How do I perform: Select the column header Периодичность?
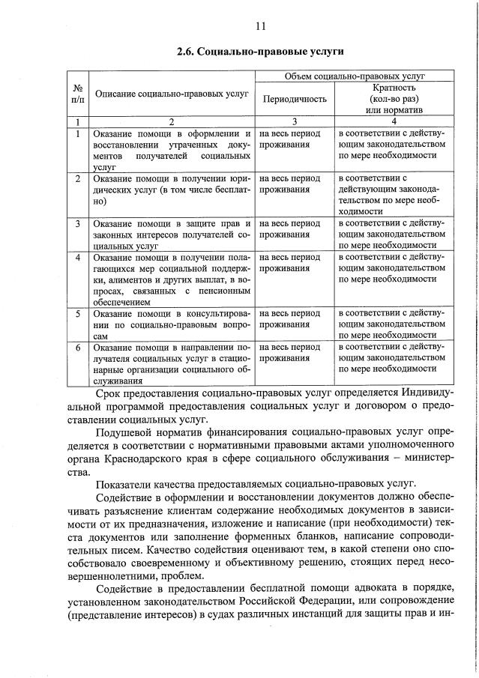pos(294,99)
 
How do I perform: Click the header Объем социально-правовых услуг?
pos(356,77)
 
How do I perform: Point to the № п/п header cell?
pos(77,94)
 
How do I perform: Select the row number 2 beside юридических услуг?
pos(77,179)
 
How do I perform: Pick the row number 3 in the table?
pos(77,224)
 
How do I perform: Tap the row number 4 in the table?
pos(77,258)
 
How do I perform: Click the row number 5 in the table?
pos(77,313)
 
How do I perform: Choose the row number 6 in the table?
pos(77,348)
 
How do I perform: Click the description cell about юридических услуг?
pos(171,190)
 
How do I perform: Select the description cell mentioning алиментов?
pos(171,279)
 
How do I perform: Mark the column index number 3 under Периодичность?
pos(294,121)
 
